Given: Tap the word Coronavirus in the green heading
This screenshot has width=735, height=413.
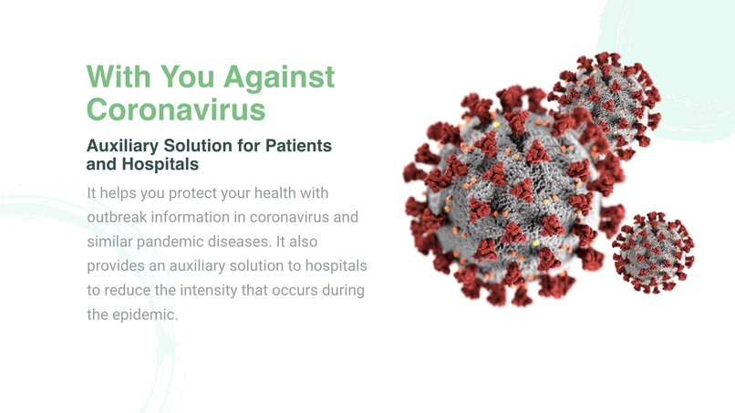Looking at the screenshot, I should coord(176,109).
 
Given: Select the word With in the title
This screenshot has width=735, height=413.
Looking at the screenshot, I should coord(119,77).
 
